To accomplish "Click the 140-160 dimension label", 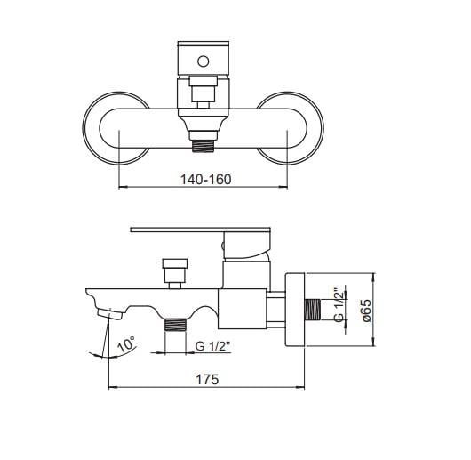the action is pyautogui.click(x=206, y=180).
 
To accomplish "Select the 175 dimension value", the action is pyautogui.click(x=207, y=379).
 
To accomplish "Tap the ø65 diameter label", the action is pyautogui.click(x=366, y=311).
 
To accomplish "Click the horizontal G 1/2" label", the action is pyautogui.click(x=212, y=346).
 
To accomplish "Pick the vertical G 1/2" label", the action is pyautogui.click(x=339, y=305).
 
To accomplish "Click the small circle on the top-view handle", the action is pyautogui.click(x=203, y=61).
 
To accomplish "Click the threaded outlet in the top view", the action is pyautogui.click(x=203, y=146).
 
